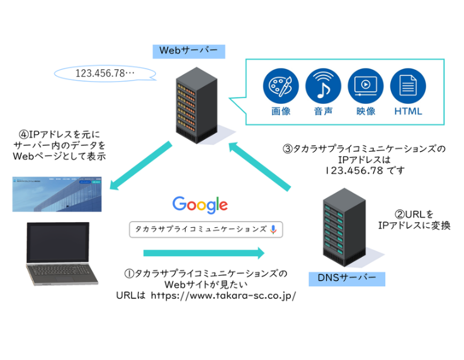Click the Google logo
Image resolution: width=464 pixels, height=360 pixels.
click(200, 204)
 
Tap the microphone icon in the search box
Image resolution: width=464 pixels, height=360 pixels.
click(273, 229)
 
